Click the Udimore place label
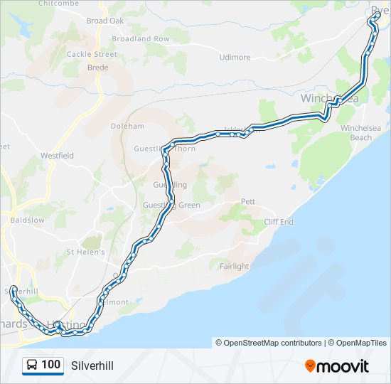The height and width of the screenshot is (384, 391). (235, 58)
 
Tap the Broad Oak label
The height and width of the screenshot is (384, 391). (105, 21)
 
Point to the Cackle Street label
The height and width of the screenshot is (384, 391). (92, 54)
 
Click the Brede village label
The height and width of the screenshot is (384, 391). (97, 68)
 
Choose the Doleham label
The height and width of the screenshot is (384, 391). (127, 126)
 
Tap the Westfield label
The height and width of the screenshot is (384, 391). (57, 155)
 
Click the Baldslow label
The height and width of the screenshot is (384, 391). (28, 220)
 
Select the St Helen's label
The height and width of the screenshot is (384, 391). (86, 252)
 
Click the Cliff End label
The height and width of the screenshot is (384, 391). (279, 222)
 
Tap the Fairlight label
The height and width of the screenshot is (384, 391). (234, 266)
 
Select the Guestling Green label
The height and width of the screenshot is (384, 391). (171, 206)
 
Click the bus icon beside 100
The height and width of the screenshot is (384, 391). (32, 366)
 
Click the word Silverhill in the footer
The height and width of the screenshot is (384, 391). (92, 366)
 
